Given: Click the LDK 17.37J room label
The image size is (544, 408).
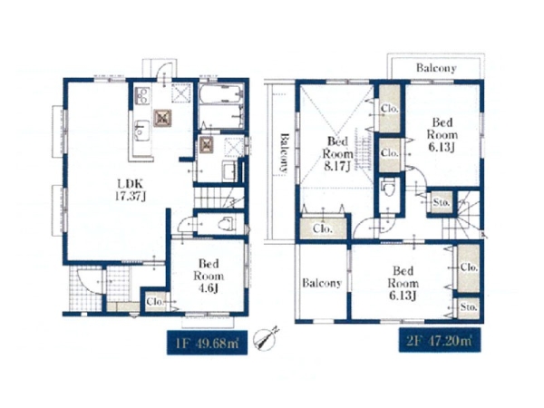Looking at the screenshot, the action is pos(130,189).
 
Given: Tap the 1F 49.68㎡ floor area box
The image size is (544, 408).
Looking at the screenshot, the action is pos(207,343).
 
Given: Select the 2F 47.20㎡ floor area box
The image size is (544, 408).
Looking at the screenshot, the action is pos(440,340).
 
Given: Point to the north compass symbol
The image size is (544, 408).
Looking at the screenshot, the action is pos(266,337).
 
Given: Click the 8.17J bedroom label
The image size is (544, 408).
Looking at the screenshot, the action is pos(337,153).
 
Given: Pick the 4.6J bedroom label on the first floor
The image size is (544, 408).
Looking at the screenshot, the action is pos(209,276).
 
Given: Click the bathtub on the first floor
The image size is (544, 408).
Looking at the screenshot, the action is pos(220,93).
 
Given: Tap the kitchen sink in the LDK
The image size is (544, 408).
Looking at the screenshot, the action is pos(142,131).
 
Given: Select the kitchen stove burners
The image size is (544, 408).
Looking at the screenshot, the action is pos(142,95).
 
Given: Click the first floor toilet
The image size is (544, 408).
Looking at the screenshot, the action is pos(228,223).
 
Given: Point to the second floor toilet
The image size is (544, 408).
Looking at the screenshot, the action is pos(388,187).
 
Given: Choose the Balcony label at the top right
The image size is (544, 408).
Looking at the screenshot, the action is pos(436,68).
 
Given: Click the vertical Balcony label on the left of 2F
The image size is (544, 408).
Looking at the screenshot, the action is pos(284,153).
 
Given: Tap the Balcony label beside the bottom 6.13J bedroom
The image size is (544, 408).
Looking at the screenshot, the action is pos(322,283).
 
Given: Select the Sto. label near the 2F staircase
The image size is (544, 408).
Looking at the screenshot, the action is pos(442,202).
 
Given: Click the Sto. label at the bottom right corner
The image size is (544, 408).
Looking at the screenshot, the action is pos(469,307).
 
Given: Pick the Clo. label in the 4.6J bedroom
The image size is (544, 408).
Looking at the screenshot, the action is pos(155,302).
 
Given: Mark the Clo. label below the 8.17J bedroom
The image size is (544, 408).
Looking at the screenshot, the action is pos(323,228).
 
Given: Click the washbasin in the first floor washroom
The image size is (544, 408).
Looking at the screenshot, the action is pos(229,171).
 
